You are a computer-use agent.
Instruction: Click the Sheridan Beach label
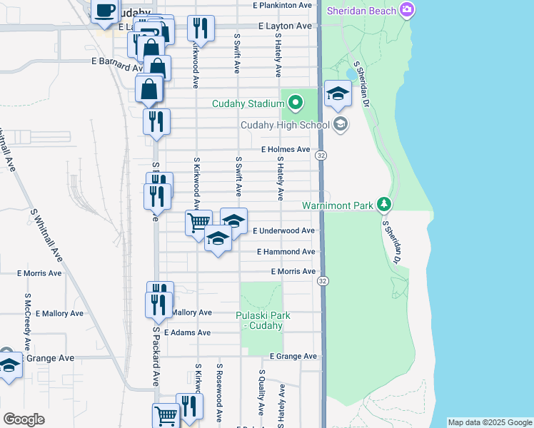[x=362, y=10]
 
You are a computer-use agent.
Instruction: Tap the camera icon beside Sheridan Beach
[x=407, y=10]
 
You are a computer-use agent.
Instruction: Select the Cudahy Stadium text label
[x=248, y=104]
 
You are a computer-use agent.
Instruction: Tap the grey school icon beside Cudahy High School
[x=341, y=125]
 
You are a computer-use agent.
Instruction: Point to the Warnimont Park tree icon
[x=385, y=205]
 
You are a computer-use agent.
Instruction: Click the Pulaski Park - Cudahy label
[x=259, y=320]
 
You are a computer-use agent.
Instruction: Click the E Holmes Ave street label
[x=286, y=150]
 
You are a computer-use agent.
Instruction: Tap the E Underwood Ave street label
[x=283, y=231]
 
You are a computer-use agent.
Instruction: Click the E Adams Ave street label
[x=187, y=333]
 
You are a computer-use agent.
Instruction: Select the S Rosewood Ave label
[x=220, y=399]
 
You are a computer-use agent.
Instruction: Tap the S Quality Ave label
[x=262, y=392]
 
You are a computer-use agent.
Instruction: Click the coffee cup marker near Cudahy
[x=105, y=10]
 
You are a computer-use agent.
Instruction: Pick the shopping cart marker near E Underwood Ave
[x=198, y=222]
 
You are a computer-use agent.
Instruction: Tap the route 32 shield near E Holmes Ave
[x=322, y=156]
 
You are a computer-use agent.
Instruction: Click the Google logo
[x=24, y=419]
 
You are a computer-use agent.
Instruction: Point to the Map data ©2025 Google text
[x=490, y=422]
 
